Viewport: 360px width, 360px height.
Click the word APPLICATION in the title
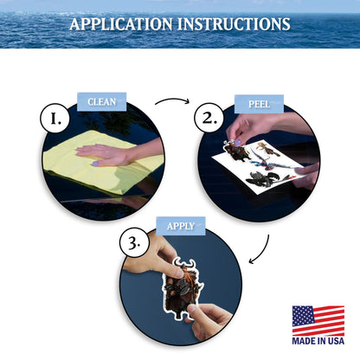click(121, 24)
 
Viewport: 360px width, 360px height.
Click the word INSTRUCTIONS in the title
click(234, 24)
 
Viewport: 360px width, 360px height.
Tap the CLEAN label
click(101, 102)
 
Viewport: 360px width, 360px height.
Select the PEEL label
click(259, 104)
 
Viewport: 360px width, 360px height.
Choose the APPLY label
click(181, 226)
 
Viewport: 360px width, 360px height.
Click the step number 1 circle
click(55, 119)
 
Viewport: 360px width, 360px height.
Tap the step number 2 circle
click(209, 118)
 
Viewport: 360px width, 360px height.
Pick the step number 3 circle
click(134, 242)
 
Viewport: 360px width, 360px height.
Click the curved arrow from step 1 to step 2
click(173, 99)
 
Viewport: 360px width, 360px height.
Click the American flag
click(318, 320)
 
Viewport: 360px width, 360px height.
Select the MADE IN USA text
click(318, 341)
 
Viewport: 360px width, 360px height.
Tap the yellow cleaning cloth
click(101, 162)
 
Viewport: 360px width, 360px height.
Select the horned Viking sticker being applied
click(183, 288)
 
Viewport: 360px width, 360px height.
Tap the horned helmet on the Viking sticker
click(185, 264)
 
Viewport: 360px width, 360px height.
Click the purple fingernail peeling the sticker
click(238, 143)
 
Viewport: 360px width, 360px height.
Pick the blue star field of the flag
click(303, 314)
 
